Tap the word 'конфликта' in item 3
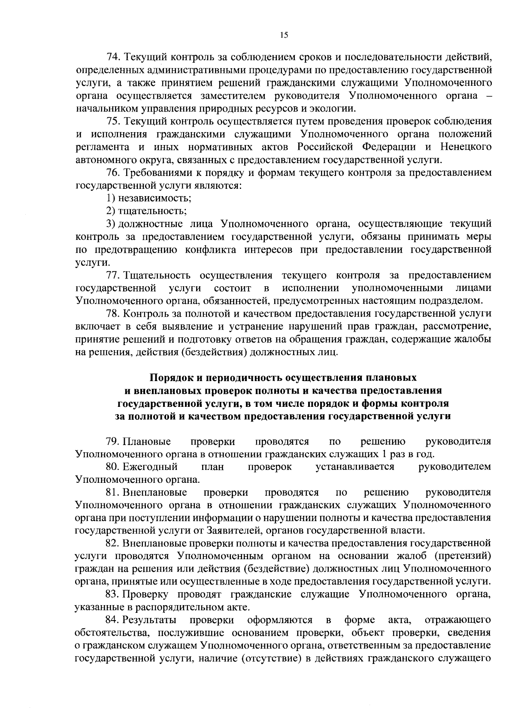coord(210,250)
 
